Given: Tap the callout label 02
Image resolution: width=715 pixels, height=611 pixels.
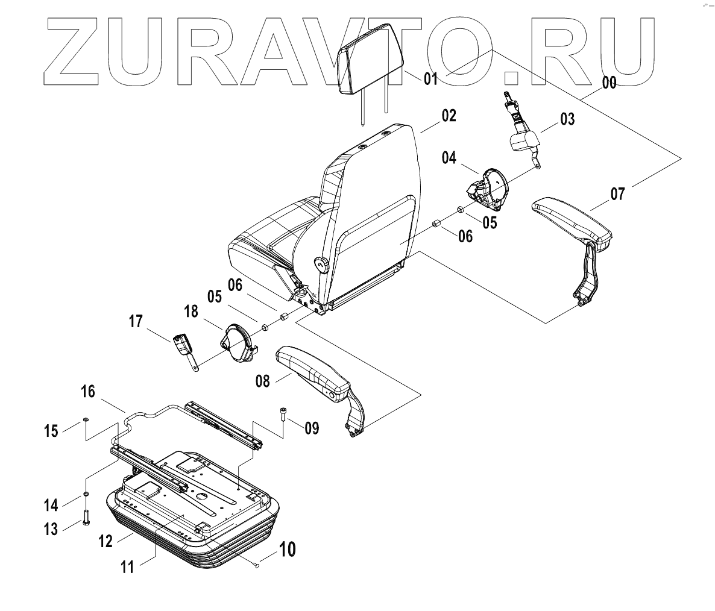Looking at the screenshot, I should coord(449,116).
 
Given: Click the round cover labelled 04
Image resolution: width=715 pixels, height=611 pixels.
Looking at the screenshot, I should coord(493,189).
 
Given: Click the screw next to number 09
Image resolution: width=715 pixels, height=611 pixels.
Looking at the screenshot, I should coord(283,415).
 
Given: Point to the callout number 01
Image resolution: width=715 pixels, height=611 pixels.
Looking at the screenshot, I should coord(430,78).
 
